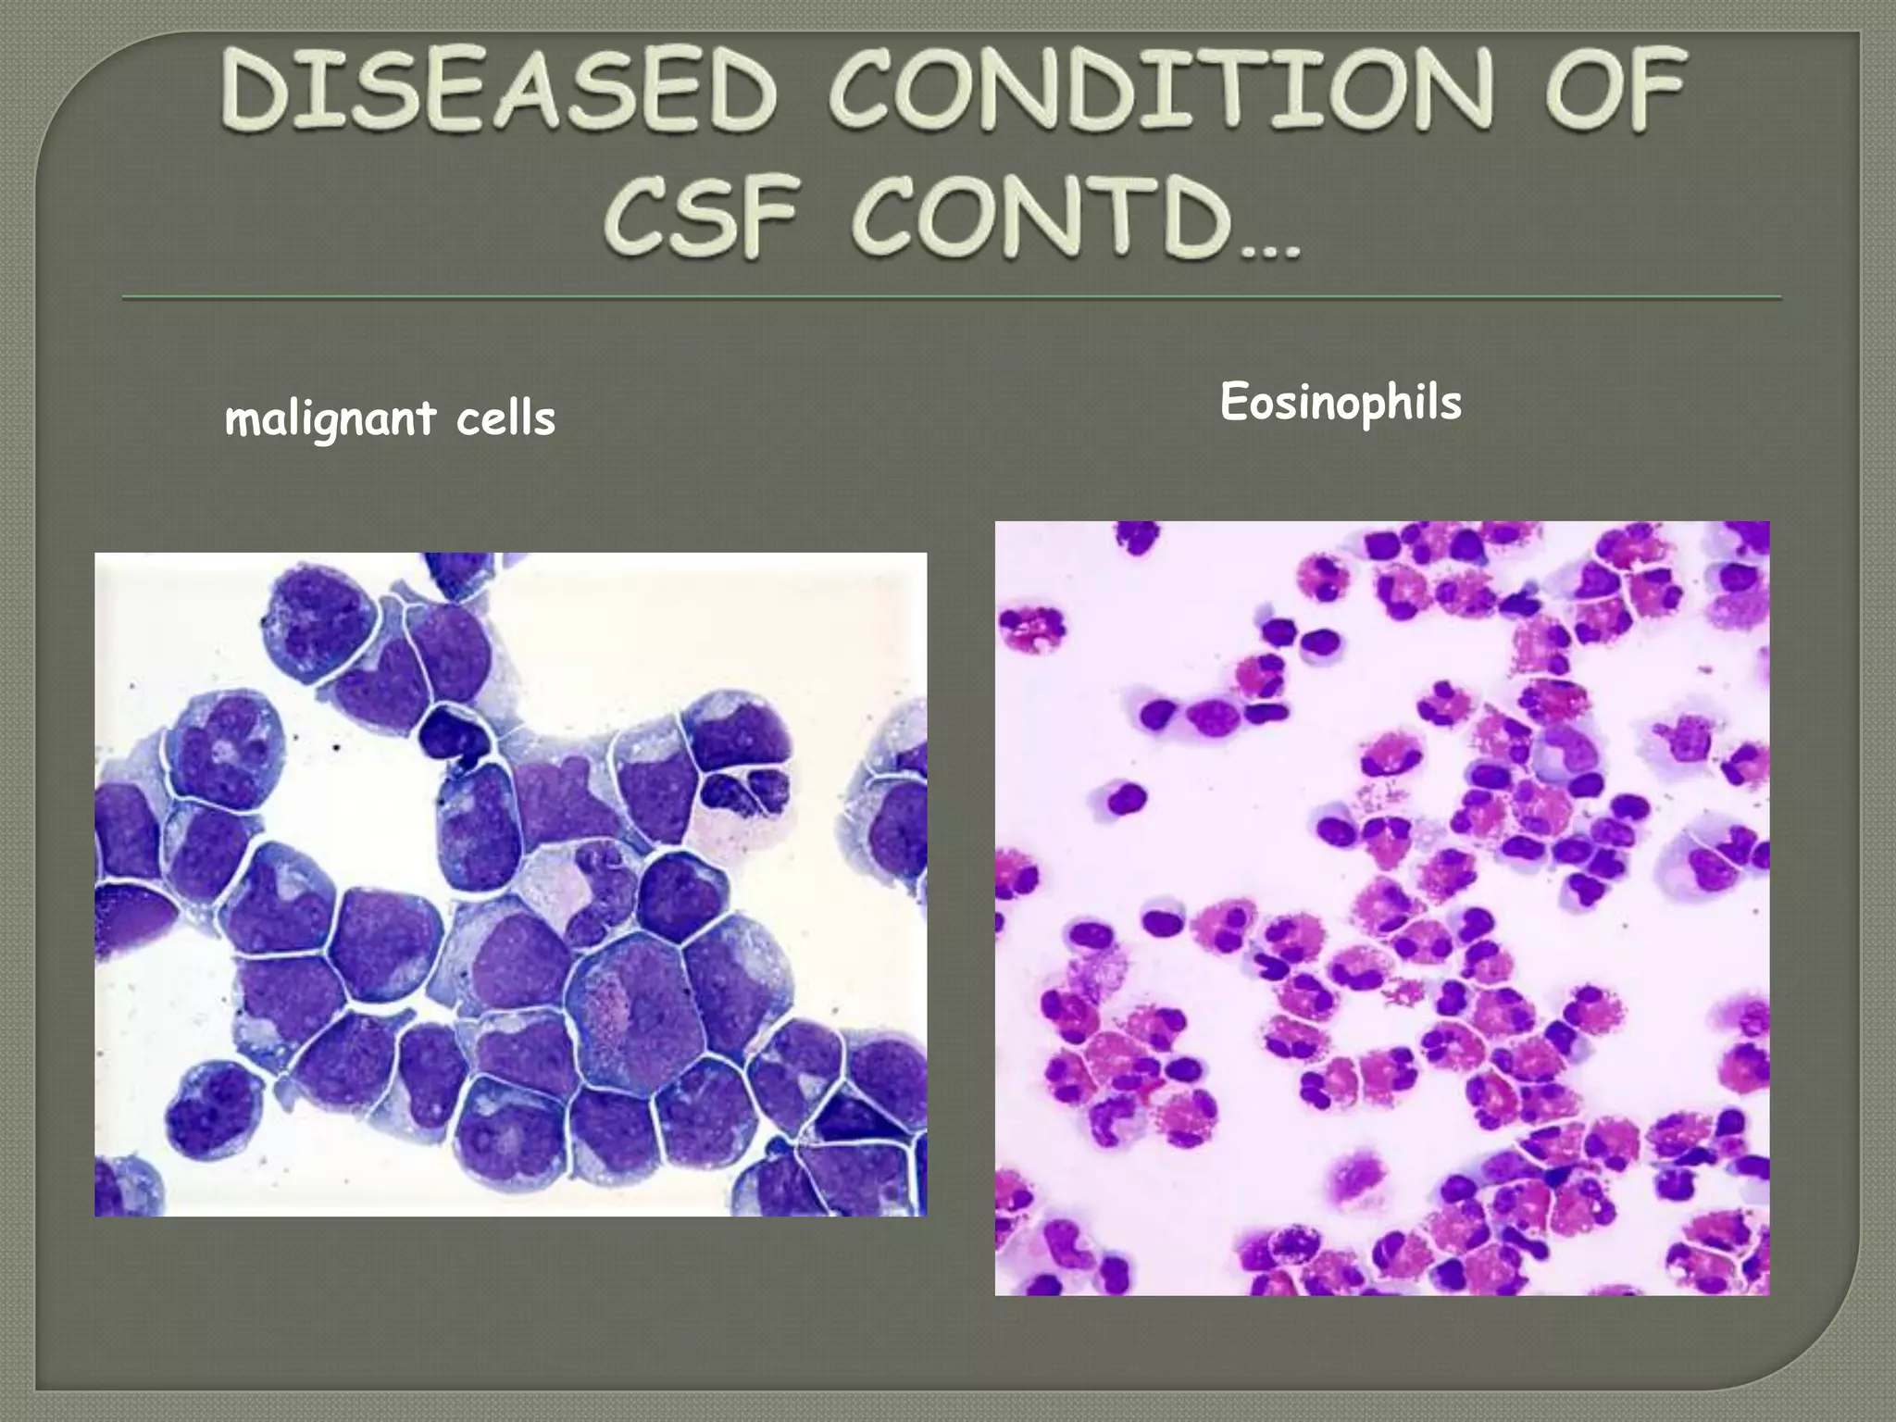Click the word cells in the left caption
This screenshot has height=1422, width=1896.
coord(505,418)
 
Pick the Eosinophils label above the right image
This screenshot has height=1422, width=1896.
coord(1340,403)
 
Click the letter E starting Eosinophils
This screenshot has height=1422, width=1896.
coord(1233,402)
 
